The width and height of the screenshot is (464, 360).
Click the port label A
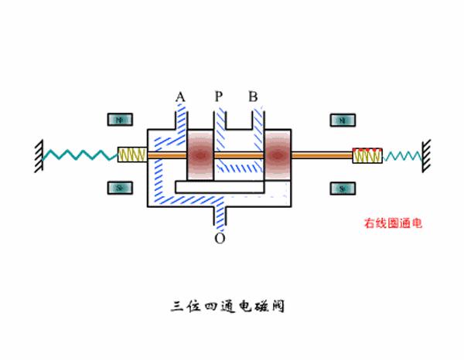click(x=180, y=97)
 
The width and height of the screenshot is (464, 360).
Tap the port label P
click(x=219, y=97)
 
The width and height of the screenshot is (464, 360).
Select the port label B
click(x=253, y=97)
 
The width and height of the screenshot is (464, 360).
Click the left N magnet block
click(x=120, y=121)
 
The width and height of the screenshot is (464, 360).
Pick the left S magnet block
click(x=120, y=188)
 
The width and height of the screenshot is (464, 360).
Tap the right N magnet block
click(x=341, y=121)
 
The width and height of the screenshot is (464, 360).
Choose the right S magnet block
click(x=341, y=188)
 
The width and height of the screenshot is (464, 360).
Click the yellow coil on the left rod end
click(x=131, y=155)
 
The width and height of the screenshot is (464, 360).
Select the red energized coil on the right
click(x=366, y=155)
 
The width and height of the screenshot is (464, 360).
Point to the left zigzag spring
click(x=77, y=155)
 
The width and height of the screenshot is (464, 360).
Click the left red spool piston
click(x=200, y=155)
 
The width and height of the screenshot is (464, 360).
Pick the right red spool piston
click(x=277, y=155)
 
